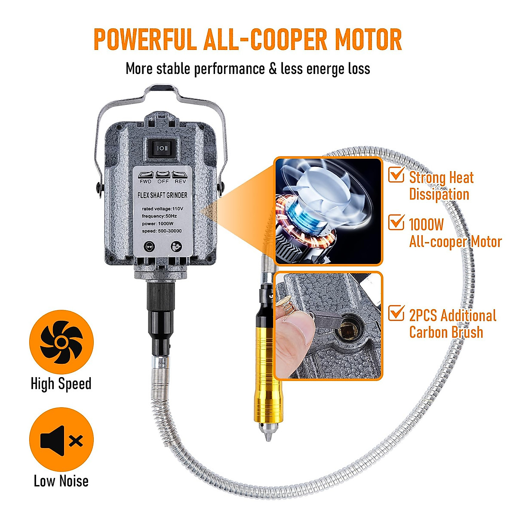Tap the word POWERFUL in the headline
[x=144, y=40]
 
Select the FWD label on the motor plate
[x=146, y=181]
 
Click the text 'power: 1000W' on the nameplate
[x=158, y=224]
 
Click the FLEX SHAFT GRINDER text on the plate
[x=162, y=195]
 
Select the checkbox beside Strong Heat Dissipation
[x=396, y=175]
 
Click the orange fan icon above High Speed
[x=61, y=342]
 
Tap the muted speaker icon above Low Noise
[x=61, y=440]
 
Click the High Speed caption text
[x=61, y=384]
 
